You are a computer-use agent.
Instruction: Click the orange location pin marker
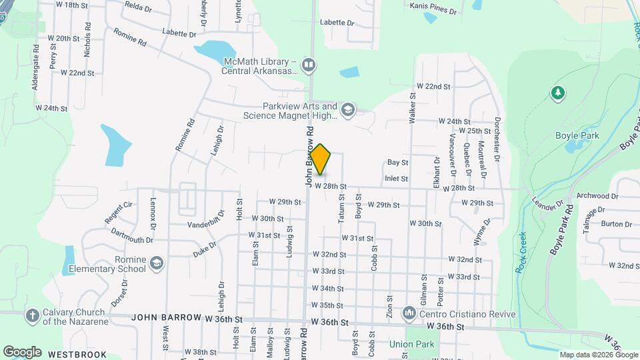(321, 159)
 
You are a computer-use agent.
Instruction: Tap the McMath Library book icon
(309, 65)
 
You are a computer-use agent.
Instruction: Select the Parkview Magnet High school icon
(347, 109)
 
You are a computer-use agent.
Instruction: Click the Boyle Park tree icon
(557, 93)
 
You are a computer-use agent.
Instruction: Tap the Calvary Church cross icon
(31, 315)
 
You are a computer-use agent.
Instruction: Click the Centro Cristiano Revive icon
(409, 312)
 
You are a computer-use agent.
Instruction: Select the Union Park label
(412, 345)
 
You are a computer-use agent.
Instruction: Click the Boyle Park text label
(577, 135)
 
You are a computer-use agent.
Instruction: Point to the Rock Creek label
(521, 253)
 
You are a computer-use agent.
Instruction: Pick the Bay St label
(397, 162)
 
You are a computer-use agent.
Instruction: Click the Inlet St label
(396, 178)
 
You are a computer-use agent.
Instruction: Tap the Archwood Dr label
(597, 196)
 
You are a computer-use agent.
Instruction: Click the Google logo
(22, 351)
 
